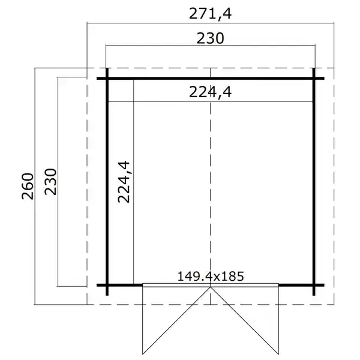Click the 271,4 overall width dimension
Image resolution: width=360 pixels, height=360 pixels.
click(209, 13)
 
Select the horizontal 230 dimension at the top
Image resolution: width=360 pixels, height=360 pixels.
click(210, 38)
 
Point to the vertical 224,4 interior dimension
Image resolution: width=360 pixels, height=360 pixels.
click(124, 181)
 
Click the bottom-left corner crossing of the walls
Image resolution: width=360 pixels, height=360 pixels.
click(107, 284)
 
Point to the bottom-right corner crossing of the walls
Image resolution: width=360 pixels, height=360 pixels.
click(314, 284)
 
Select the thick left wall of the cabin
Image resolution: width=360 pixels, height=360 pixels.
click(107, 180)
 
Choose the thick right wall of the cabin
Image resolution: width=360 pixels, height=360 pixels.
click(314, 180)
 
